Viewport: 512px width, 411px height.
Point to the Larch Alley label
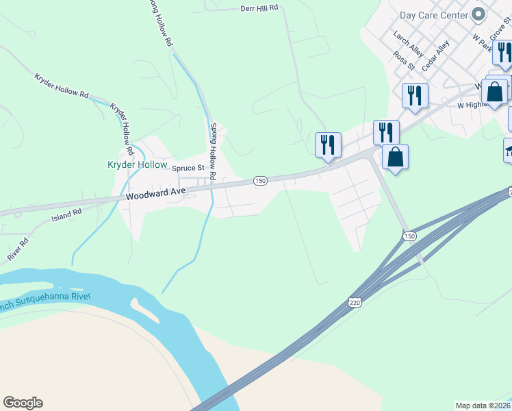[409, 42]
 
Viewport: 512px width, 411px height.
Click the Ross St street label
[404, 60]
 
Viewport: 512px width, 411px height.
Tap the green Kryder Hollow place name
[137, 164]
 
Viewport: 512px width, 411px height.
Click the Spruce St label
[188, 168]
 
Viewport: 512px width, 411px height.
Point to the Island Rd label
[66, 216]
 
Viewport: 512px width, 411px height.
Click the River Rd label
[18, 249]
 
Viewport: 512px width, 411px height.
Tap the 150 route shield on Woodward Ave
[260, 180]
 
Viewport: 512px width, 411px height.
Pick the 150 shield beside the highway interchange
[409, 236]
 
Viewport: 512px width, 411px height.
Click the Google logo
[23, 403]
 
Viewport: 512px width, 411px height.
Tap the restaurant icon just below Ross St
[413, 95]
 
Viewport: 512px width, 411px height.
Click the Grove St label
[497, 27]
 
